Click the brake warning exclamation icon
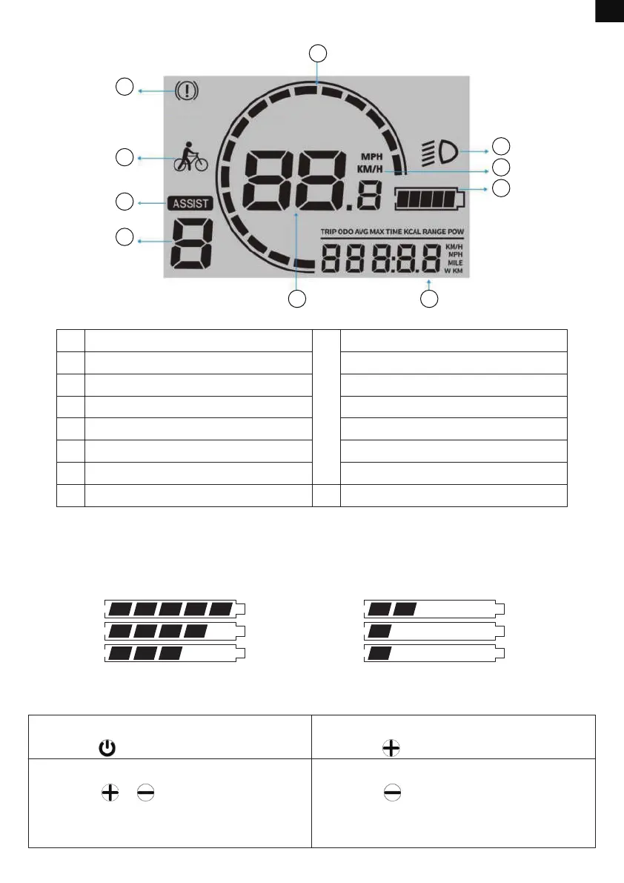(186, 92)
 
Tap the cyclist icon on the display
(190, 157)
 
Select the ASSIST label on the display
(189, 202)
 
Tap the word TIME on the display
(393, 232)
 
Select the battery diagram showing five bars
(175, 609)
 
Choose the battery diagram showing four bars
(175, 631)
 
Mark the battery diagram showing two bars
(434, 609)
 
